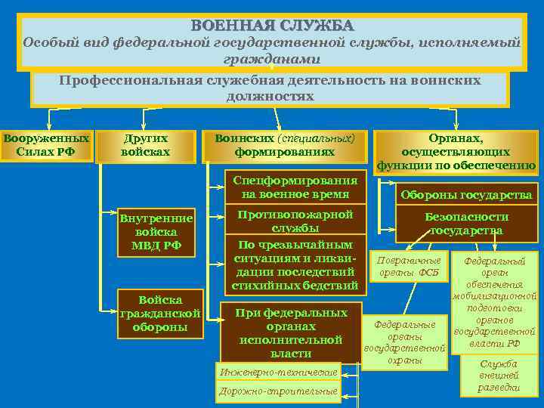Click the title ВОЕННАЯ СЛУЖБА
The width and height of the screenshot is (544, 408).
click(x=272, y=26)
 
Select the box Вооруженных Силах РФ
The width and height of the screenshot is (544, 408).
click(x=46, y=145)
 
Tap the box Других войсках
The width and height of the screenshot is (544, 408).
click(x=145, y=145)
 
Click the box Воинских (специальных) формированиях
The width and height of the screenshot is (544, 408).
click(x=285, y=145)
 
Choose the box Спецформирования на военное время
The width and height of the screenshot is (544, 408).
click(x=295, y=187)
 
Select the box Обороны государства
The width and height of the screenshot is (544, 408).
click(x=465, y=195)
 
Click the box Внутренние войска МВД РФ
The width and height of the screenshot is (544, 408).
click(x=156, y=233)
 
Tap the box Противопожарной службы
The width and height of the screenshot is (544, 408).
click(x=295, y=221)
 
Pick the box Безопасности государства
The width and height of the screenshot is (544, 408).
click(x=465, y=223)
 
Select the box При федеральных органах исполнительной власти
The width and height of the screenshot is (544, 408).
click(x=290, y=332)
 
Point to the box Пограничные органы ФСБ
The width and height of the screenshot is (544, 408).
click(x=409, y=266)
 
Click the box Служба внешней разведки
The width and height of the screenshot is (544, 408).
click(x=499, y=376)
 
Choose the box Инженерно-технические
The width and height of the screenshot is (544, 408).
click(x=278, y=372)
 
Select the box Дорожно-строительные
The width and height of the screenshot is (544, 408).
click(x=278, y=391)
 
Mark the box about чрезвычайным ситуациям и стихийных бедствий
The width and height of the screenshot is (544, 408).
click(x=295, y=265)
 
